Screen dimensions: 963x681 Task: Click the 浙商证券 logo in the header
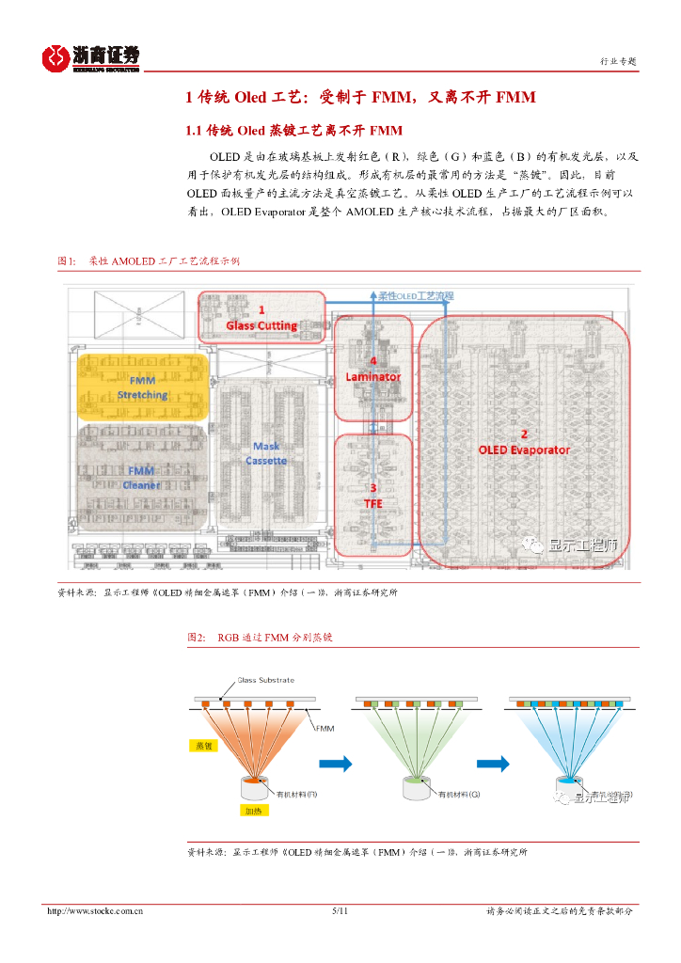click(x=90, y=57)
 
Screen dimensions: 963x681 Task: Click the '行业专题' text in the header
click(x=618, y=61)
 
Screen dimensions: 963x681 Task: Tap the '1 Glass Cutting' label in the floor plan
click(x=261, y=318)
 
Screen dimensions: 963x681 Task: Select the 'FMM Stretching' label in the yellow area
click(x=142, y=387)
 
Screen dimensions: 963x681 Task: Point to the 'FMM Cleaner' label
click(x=141, y=478)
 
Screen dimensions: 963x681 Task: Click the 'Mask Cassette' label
click(x=266, y=453)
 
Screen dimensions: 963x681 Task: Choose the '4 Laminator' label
click(x=373, y=369)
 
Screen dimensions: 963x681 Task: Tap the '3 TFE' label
click(x=373, y=496)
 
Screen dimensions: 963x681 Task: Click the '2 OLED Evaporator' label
click(x=524, y=442)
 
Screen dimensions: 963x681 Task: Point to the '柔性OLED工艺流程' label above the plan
click(x=416, y=295)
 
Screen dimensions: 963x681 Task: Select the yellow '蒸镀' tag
click(x=204, y=745)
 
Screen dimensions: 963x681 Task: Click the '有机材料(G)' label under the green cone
click(x=459, y=794)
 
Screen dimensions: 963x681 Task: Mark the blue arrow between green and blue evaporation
click(x=487, y=763)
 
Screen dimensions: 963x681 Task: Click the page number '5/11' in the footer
click(x=340, y=911)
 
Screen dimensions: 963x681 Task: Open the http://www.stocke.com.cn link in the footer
click(x=95, y=911)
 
